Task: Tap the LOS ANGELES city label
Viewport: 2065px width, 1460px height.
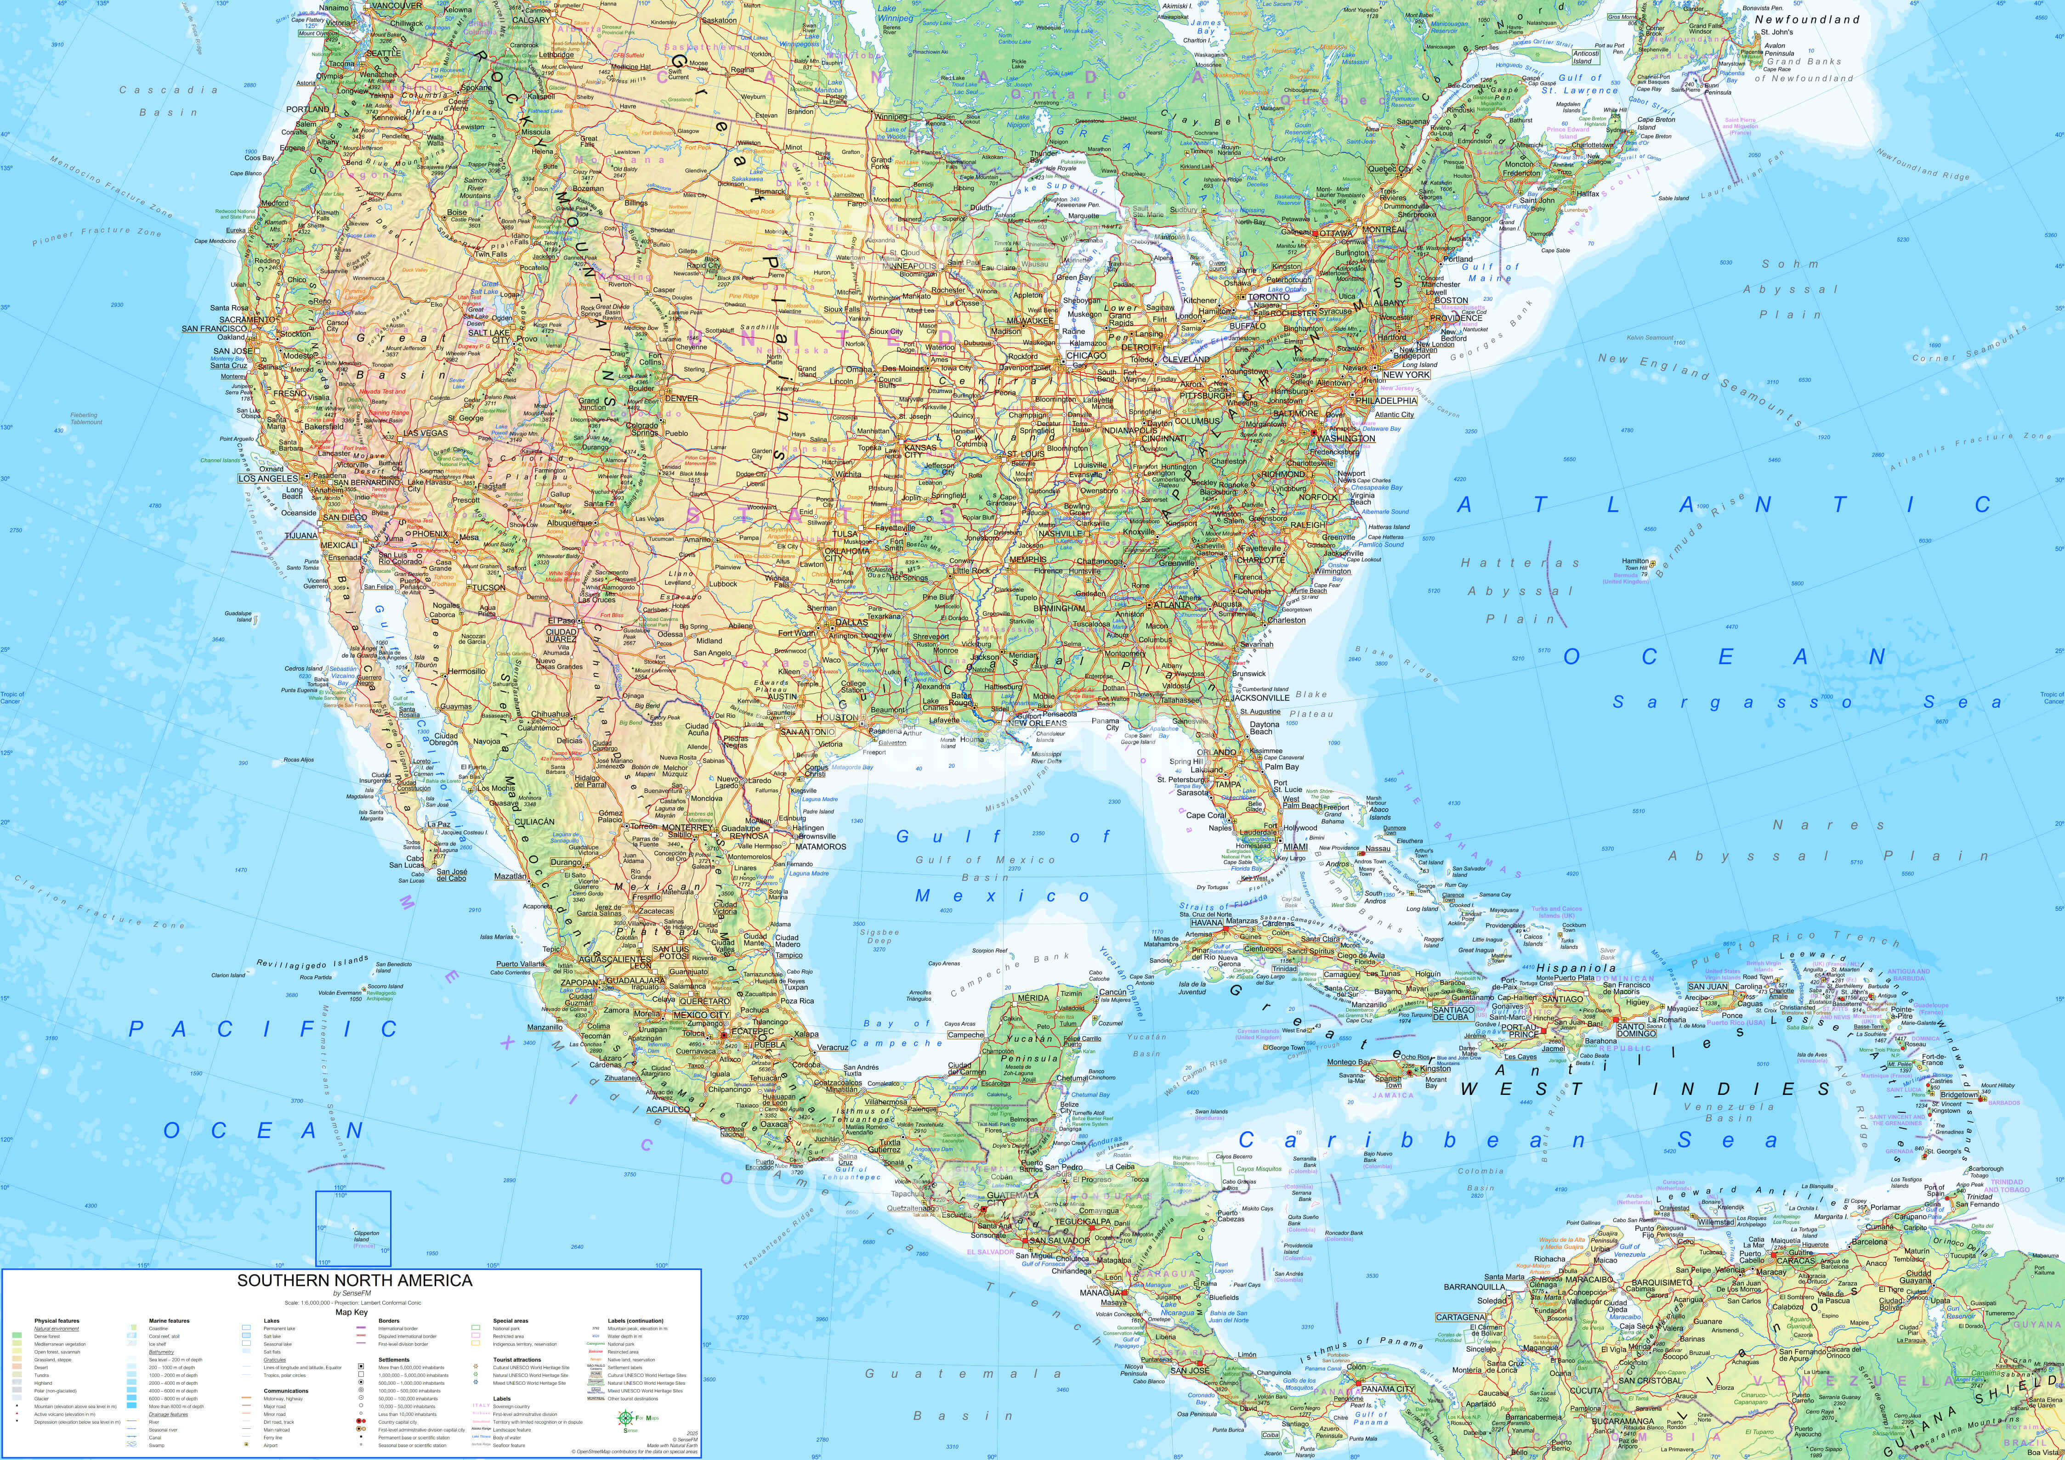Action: pos(267,479)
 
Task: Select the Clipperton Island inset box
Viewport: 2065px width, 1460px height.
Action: pos(352,1228)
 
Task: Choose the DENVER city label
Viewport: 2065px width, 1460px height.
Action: pos(682,398)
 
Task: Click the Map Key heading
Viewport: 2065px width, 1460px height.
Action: pos(352,1312)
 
